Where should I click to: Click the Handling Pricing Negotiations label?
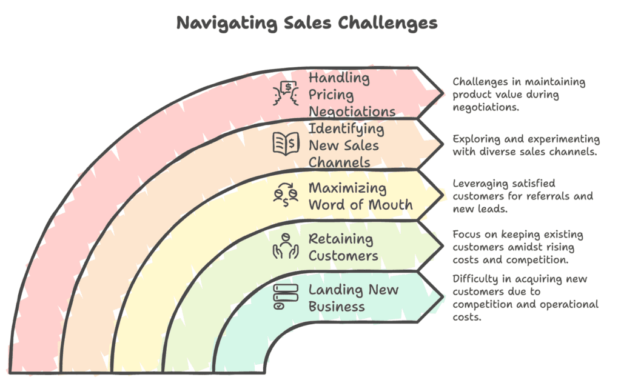[x=352, y=95]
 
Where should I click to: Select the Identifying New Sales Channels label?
[x=346, y=145]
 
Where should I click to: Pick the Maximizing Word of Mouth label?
[x=360, y=196]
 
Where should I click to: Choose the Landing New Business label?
[x=354, y=298]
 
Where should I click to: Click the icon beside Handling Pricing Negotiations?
[x=286, y=93]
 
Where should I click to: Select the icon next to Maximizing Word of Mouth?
[x=286, y=195]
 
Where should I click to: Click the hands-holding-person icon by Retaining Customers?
[x=286, y=246]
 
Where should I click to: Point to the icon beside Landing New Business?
[x=284, y=297]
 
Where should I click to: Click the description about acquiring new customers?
[x=525, y=298]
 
